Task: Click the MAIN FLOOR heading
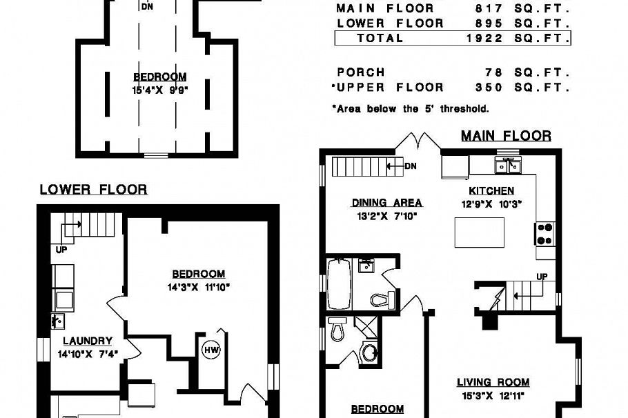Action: pos(506,136)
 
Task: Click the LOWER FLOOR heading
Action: pos(93,189)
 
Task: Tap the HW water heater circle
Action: pos(210,350)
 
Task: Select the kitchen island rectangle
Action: pos(479,232)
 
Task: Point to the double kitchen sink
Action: pos(507,166)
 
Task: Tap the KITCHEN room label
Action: pos(491,191)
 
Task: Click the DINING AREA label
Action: pos(386,203)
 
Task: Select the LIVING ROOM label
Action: pos(493,382)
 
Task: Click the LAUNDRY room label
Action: pos(88,341)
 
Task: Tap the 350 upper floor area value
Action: pos(489,88)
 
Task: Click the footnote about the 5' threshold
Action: pos(410,109)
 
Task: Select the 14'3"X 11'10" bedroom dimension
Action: pos(198,287)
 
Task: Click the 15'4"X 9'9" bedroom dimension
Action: pos(160,90)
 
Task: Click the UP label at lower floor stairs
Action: pos(61,250)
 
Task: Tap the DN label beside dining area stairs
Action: pos(411,166)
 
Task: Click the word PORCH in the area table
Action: pos(360,72)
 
